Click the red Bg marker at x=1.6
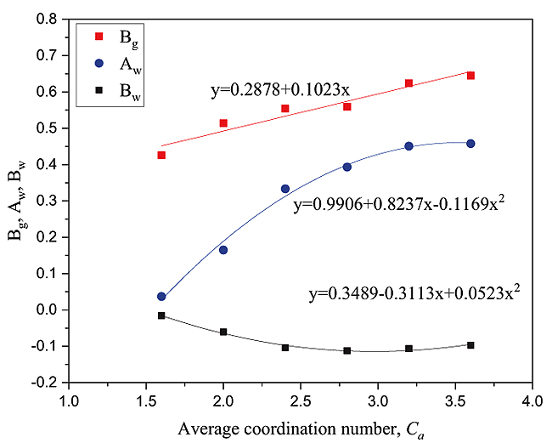pos(161,155)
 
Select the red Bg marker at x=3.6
pos(470,76)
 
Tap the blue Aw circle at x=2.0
pos(223,250)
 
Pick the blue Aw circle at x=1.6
pos(161,297)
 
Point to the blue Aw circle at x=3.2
pos(408,146)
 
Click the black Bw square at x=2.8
pos(347,350)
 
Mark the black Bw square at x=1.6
pos(161,315)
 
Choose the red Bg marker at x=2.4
pos(285,108)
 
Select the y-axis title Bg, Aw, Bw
pos(17,201)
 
